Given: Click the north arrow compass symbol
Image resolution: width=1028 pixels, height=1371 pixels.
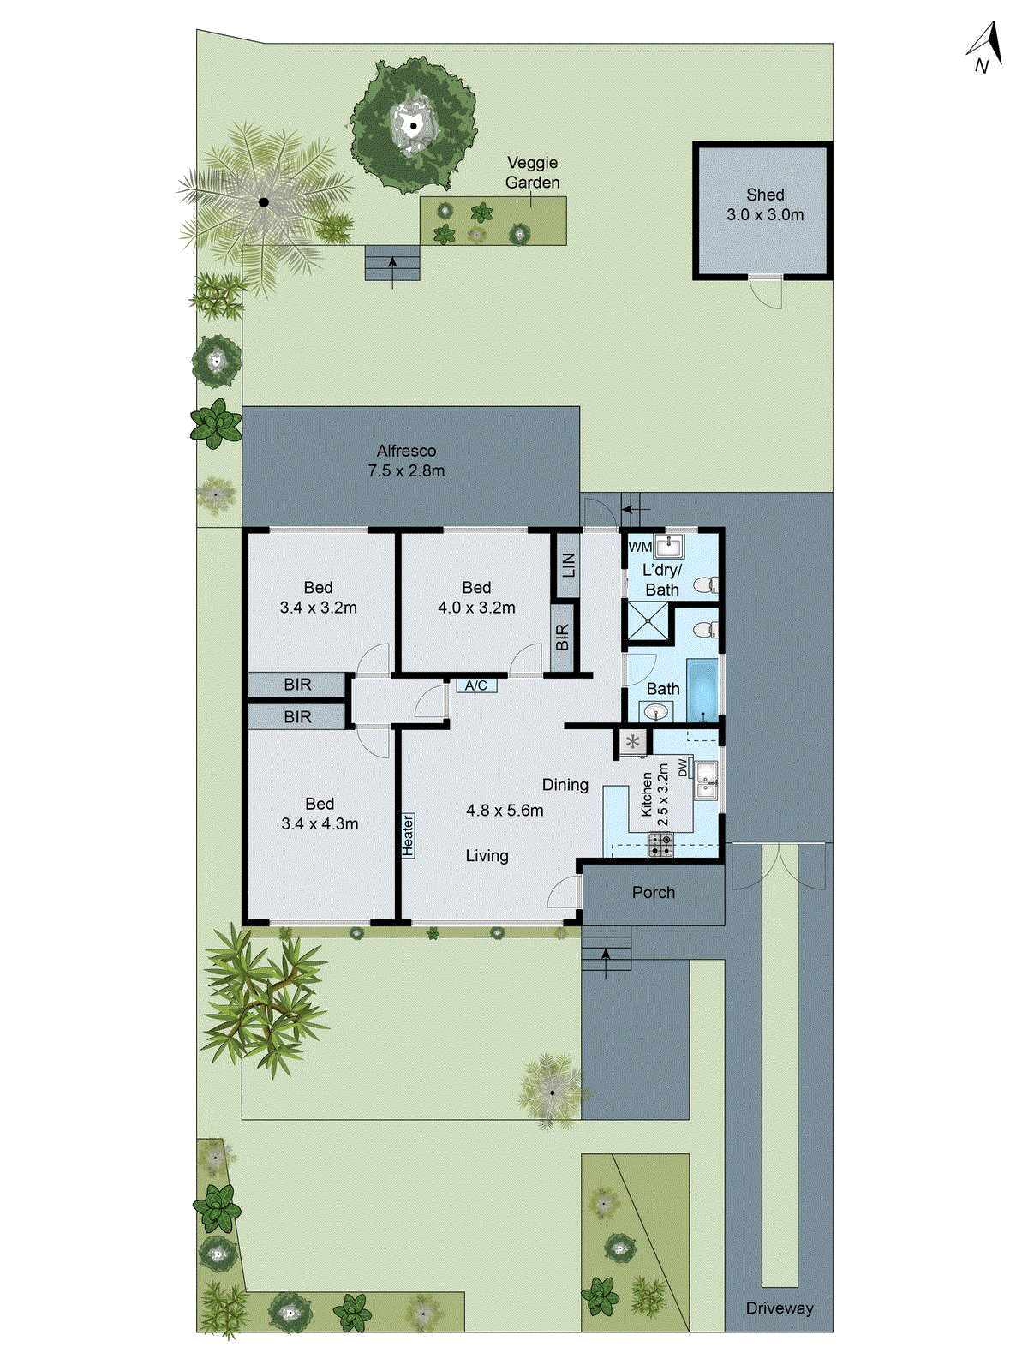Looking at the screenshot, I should (x=986, y=48).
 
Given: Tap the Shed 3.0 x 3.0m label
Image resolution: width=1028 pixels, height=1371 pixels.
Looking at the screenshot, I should (x=765, y=205).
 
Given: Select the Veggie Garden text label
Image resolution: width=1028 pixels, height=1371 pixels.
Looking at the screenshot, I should (x=532, y=172).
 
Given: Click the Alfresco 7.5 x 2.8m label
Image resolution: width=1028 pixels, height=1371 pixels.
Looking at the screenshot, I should (x=406, y=460).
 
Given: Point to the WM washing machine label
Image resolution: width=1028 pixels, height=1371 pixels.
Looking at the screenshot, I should (x=640, y=547).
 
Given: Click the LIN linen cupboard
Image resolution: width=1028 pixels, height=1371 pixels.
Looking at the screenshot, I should (x=567, y=566).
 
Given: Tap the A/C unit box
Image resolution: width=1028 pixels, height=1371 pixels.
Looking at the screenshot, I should (x=476, y=685).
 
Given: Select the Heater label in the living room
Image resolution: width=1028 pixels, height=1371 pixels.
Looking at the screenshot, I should (x=409, y=835).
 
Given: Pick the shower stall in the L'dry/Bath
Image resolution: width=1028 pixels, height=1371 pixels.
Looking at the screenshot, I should (x=647, y=623).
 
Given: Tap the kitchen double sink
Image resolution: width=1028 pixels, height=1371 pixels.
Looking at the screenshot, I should (x=707, y=779).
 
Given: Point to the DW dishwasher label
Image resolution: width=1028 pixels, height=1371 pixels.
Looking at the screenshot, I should (x=683, y=768).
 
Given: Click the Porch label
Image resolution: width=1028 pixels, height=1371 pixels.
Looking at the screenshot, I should (x=654, y=892).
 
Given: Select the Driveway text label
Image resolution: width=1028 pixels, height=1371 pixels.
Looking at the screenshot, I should (x=779, y=1308).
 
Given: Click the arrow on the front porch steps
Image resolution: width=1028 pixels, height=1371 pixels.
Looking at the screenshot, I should (x=607, y=961).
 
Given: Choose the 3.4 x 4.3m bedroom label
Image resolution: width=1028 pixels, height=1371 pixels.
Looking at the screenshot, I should (x=320, y=814).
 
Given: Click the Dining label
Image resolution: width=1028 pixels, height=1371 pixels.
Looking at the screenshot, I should (x=565, y=785).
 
